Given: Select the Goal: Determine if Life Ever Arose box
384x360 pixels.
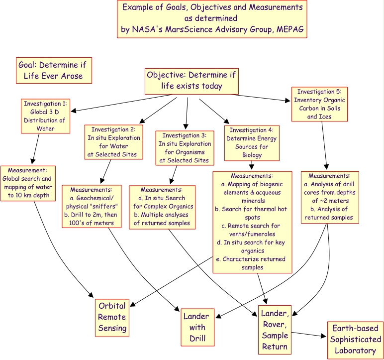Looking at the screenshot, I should (x=54, y=70).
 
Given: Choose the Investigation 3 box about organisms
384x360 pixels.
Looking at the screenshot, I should (x=185, y=147).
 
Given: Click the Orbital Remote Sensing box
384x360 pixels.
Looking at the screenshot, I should (x=112, y=317).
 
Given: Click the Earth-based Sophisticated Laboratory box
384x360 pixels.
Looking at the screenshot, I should (x=355, y=340).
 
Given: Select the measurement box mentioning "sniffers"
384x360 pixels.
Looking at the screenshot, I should (x=93, y=206).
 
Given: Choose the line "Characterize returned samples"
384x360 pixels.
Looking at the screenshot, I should (x=253, y=263).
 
